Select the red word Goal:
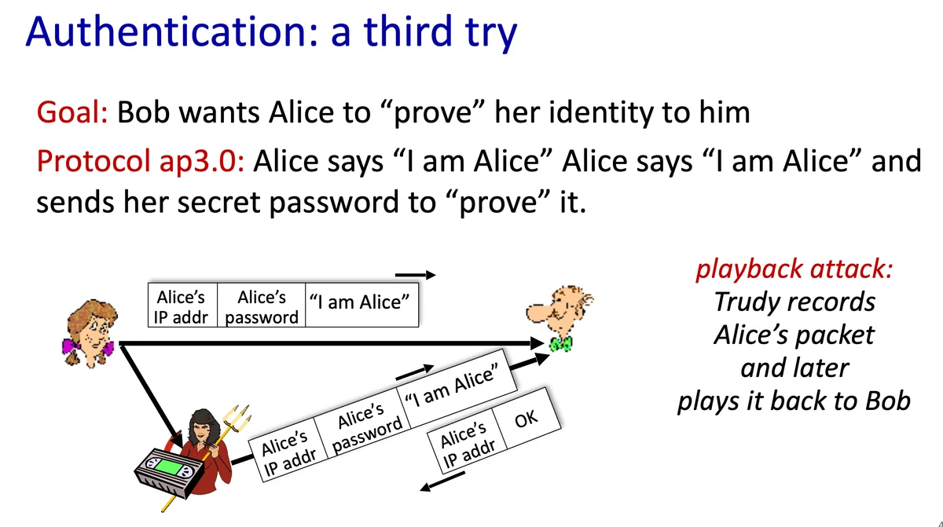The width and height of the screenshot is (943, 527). [x=72, y=112]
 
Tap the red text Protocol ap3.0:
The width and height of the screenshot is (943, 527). [x=141, y=162]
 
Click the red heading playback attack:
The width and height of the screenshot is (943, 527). [x=794, y=269]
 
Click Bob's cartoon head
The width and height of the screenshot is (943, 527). [x=560, y=311]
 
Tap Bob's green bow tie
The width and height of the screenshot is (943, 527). [x=561, y=344]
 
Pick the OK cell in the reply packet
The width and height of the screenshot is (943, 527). [x=527, y=419]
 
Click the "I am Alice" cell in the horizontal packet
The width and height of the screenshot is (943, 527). [x=362, y=305]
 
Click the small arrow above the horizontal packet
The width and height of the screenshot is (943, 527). [x=415, y=275]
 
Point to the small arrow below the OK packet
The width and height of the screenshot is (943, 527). [x=442, y=481]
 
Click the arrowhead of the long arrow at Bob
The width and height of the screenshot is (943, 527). [x=537, y=344]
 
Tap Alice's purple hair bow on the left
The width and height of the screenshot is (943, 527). [x=71, y=346]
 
